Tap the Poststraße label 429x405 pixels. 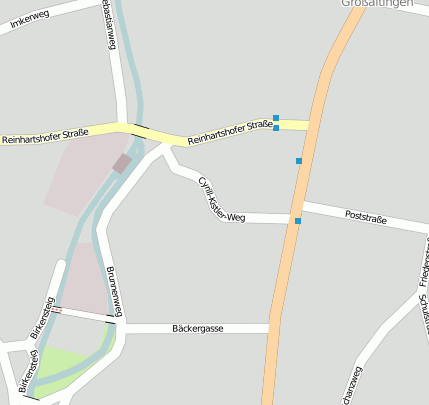click(x=365, y=216)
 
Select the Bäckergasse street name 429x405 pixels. click(x=197, y=327)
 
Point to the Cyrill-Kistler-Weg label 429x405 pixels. click(x=221, y=201)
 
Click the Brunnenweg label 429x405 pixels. click(x=112, y=293)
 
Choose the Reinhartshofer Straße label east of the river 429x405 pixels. click(x=230, y=128)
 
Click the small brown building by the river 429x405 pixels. click(x=122, y=163)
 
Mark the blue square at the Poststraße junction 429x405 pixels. click(x=297, y=220)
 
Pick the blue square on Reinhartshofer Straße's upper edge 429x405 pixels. click(x=276, y=117)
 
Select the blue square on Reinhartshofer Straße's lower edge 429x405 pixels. click(x=276, y=128)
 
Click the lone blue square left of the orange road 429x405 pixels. click(x=298, y=160)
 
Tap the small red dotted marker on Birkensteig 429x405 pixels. click(x=57, y=310)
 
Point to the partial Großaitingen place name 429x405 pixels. click(x=377, y=4)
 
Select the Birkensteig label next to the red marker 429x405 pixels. click(x=42, y=316)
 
